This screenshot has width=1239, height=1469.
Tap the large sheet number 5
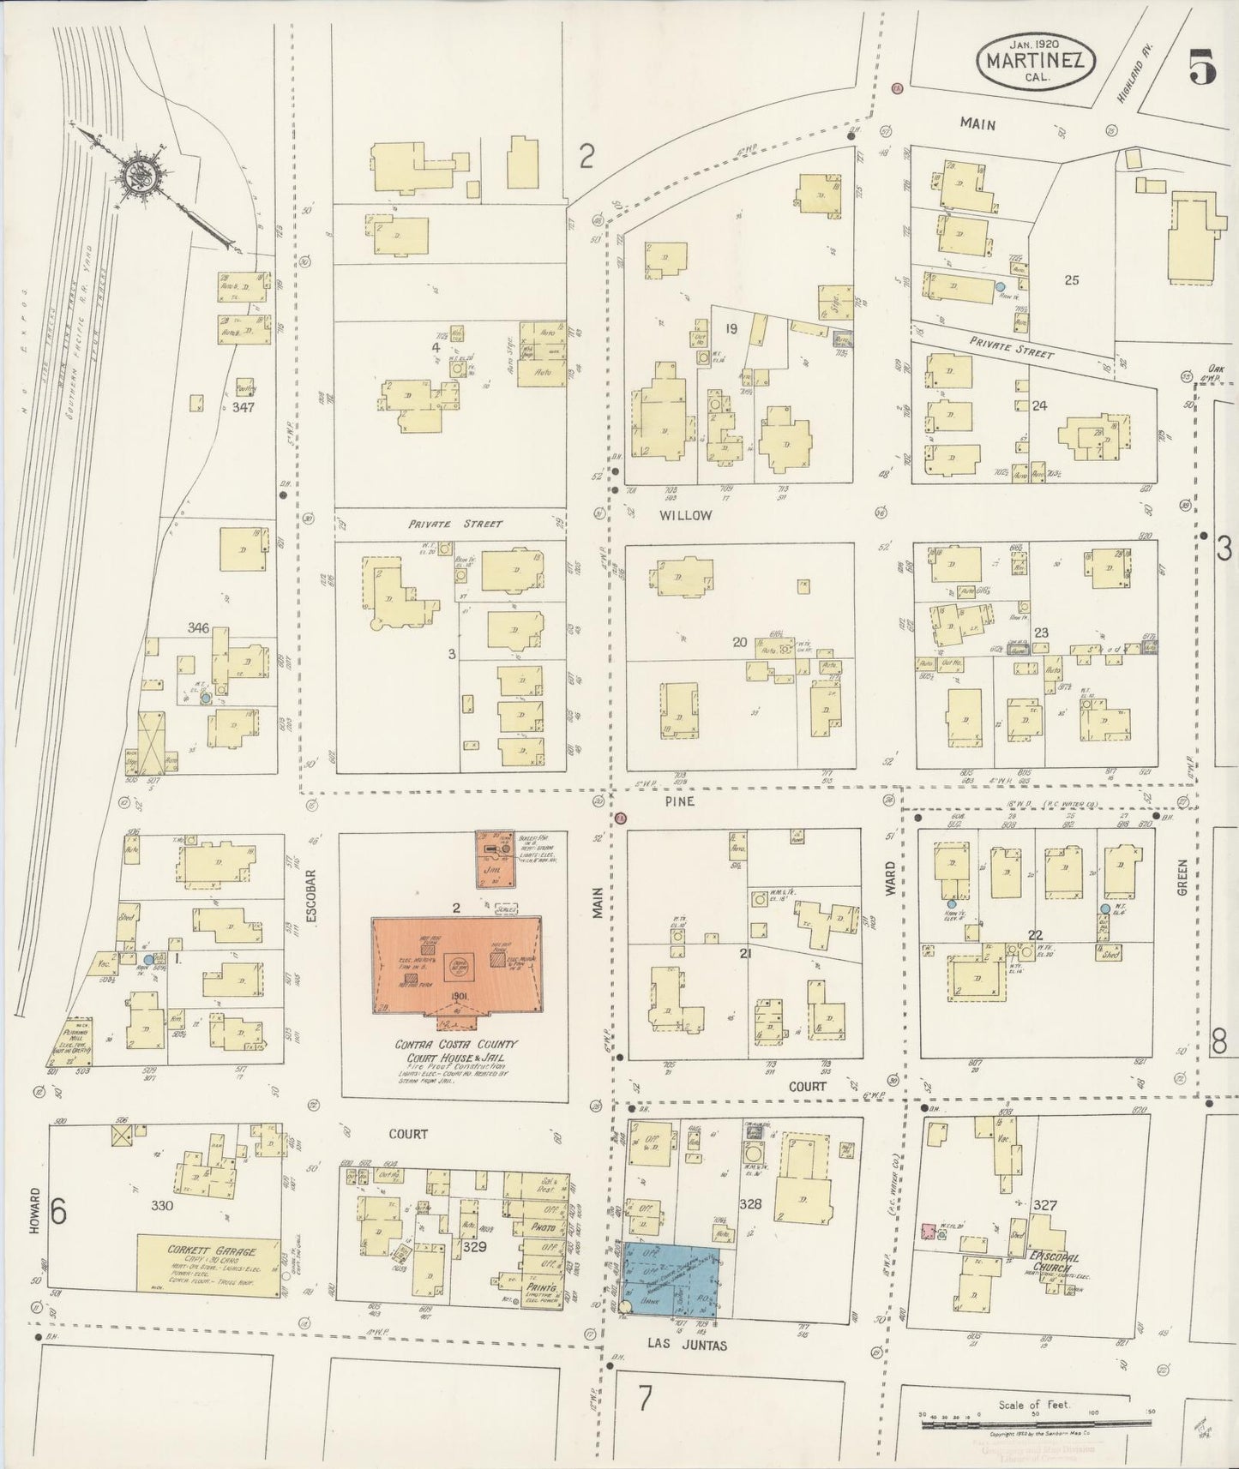coord(1202,67)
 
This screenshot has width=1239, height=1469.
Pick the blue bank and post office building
coord(678,1280)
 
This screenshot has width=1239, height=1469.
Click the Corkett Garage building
coord(209,1263)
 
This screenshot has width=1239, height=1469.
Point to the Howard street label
coord(34,1211)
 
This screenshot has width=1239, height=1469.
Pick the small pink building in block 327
coord(927,1232)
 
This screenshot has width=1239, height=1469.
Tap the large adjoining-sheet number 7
coord(645,1399)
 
